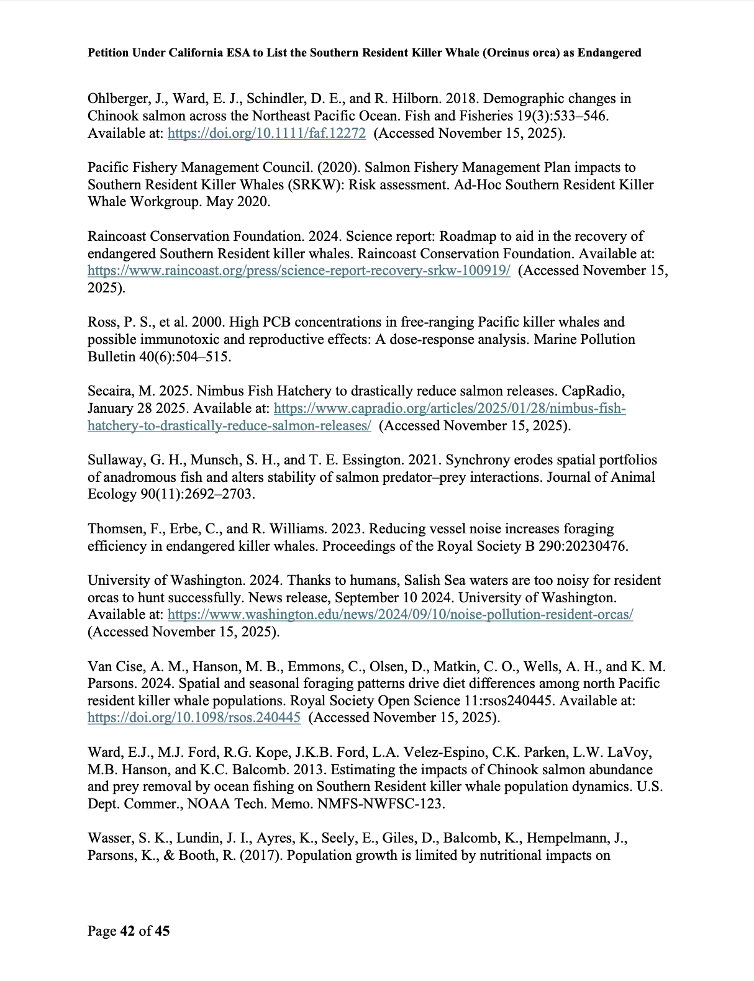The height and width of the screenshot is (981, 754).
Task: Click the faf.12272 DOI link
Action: (266, 133)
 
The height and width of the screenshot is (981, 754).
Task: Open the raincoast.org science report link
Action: (299, 271)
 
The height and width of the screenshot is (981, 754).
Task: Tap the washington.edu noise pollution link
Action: (400, 615)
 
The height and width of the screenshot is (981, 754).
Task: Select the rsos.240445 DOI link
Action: (194, 718)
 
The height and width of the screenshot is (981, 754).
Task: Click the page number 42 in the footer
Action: (127, 931)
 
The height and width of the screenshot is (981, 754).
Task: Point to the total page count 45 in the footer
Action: (162, 931)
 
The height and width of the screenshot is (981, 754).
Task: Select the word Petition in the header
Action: (108, 53)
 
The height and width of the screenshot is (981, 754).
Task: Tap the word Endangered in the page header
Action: (609, 53)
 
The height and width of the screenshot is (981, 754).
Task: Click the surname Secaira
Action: (109, 391)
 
